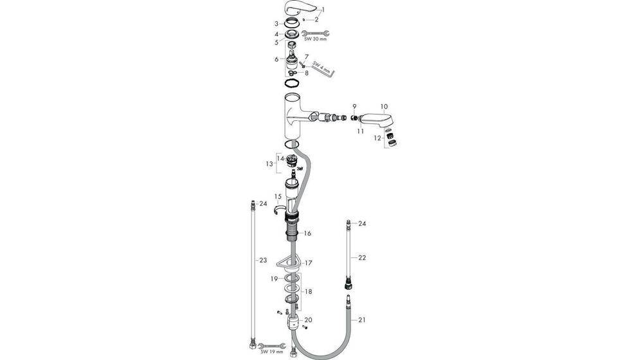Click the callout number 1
323,9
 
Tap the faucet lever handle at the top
298,10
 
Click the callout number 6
276,59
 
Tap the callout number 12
377,138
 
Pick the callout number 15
278,196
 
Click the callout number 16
307,233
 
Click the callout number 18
309,291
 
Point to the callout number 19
273,278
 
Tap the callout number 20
308,319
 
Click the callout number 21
362,319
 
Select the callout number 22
362,257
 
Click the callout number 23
263,260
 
